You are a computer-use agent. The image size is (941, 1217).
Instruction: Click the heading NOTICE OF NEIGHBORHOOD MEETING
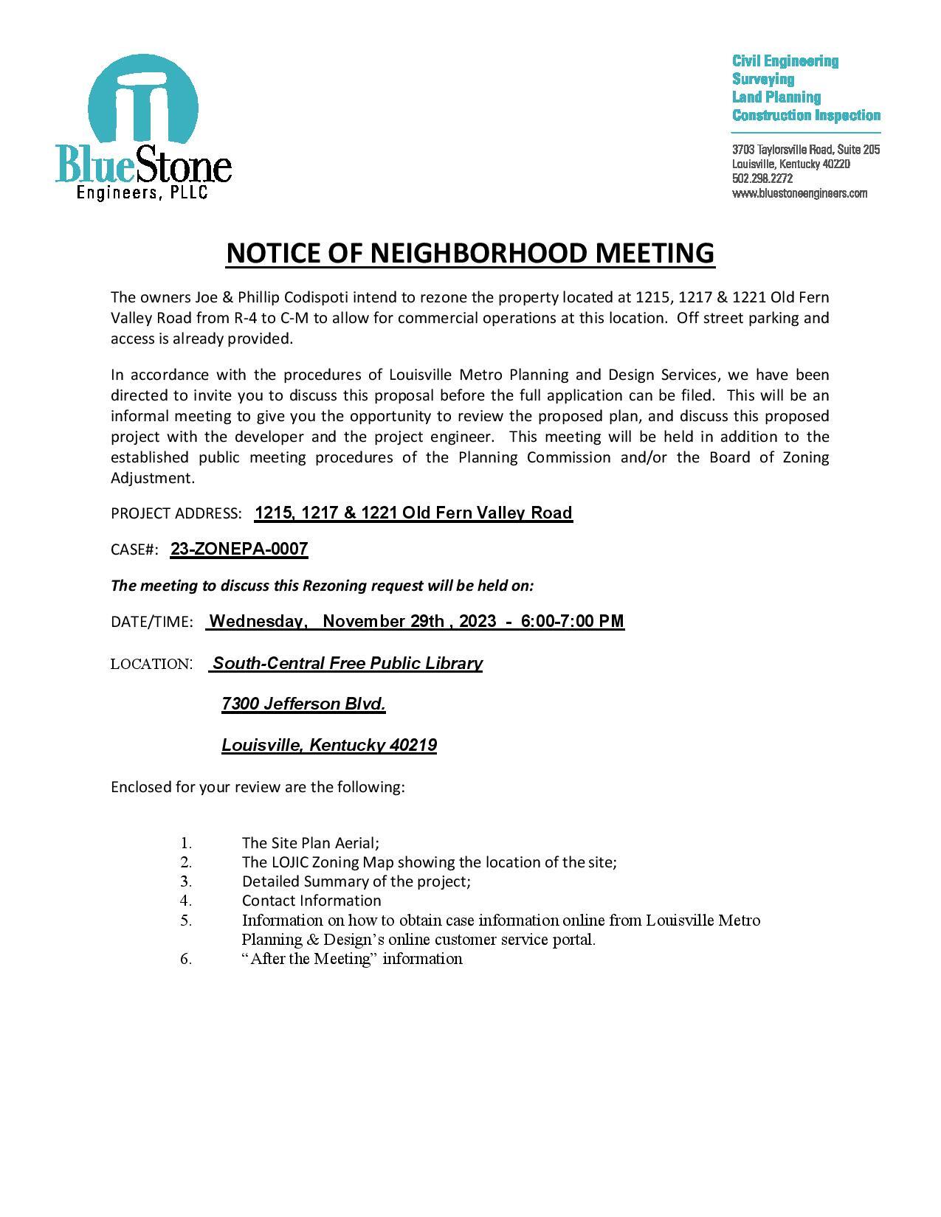(x=470, y=252)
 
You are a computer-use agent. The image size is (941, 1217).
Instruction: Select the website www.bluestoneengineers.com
(x=799, y=193)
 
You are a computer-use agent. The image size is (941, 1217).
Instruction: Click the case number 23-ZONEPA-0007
(x=238, y=549)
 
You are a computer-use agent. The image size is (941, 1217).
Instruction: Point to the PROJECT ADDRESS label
(x=176, y=513)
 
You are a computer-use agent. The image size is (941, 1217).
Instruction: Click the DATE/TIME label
(x=151, y=622)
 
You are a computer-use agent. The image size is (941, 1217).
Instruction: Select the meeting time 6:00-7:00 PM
(x=572, y=621)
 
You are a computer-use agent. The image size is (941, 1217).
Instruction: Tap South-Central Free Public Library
(x=348, y=663)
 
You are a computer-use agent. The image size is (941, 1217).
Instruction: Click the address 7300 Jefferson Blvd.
(x=303, y=704)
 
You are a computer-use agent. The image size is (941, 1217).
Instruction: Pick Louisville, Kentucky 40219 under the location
(x=329, y=745)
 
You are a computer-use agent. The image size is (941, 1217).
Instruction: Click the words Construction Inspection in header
(x=806, y=115)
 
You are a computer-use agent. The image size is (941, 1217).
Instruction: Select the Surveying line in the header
(x=762, y=79)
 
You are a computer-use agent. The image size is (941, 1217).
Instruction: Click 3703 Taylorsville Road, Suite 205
(x=805, y=150)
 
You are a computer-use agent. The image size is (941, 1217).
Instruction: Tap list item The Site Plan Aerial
(x=310, y=842)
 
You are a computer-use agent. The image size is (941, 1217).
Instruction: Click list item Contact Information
(x=311, y=901)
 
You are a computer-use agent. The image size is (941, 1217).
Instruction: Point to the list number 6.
(x=186, y=959)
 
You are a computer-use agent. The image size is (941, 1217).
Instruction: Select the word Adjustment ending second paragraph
(x=152, y=478)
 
